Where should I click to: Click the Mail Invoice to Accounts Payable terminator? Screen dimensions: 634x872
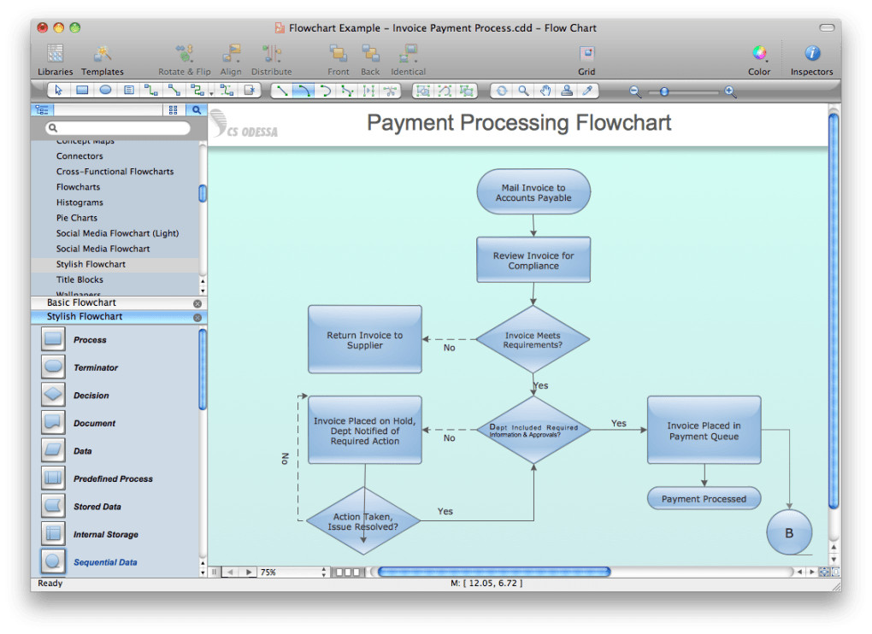(533, 192)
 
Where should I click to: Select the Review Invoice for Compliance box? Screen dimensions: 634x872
(533, 260)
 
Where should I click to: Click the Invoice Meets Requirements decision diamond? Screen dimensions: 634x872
(533, 340)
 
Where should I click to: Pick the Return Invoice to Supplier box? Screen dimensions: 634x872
(364, 339)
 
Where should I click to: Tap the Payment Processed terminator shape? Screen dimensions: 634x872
(704, 498)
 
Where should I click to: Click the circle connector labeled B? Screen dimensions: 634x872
(788, 532)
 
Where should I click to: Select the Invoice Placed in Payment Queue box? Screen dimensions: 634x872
(704, 430)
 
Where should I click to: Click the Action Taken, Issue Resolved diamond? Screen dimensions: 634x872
(363, 521)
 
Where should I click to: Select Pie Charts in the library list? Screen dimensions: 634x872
(77, 218)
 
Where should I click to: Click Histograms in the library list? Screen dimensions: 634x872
(80, 203)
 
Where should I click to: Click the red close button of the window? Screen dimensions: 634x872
(43, 28)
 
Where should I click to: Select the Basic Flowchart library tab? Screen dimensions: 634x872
(81, 302)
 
